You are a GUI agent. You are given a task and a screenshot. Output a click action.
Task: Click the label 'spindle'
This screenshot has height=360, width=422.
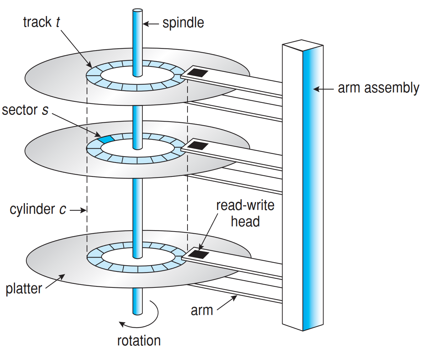point(183,23)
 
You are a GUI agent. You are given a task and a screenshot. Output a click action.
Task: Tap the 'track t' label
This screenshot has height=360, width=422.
point(41,22)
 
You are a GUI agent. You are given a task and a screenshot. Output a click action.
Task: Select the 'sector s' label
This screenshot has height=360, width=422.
point(25,110)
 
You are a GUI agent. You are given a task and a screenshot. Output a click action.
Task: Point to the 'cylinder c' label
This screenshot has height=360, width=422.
point(38,209)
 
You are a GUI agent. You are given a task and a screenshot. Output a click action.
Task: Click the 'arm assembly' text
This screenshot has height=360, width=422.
point(378,88)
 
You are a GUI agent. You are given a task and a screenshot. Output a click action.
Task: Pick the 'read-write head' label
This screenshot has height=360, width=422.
point(245,213)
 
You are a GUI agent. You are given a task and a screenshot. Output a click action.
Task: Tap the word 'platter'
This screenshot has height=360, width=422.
point(24,288)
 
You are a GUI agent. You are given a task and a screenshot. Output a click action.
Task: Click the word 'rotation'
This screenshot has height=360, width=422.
point(139,341)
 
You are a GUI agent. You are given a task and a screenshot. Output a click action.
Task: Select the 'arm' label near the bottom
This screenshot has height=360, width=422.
point(202,310)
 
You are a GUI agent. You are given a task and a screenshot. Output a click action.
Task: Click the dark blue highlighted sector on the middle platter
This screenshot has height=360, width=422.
point(106,139)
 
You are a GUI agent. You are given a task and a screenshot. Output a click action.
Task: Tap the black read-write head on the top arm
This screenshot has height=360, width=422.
point(197,73)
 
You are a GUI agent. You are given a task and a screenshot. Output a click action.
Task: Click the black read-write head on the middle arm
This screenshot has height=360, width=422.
point(197,145)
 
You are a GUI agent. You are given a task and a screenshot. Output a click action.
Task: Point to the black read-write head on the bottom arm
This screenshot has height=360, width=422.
point(198,254)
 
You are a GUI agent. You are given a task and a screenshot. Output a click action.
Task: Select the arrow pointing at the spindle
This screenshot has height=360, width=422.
point(151,24)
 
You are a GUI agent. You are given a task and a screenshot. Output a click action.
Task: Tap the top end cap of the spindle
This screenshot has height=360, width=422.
point(137,11)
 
